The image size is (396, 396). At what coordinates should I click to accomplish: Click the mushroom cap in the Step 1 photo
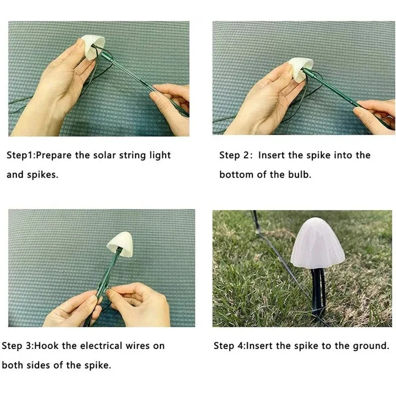(92, 47)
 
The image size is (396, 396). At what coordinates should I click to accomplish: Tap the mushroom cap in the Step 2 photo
(300, 69)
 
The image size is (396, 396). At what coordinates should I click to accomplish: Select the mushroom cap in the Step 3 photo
(120, 244)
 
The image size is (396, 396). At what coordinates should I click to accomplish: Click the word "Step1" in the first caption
(20, 155)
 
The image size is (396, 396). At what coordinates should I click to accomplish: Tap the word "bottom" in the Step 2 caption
(236, 175)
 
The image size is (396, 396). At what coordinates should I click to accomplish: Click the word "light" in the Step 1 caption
(160, 155)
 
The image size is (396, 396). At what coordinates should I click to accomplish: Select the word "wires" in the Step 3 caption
(138, 346)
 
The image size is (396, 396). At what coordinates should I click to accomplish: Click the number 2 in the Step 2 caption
(246, 155)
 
